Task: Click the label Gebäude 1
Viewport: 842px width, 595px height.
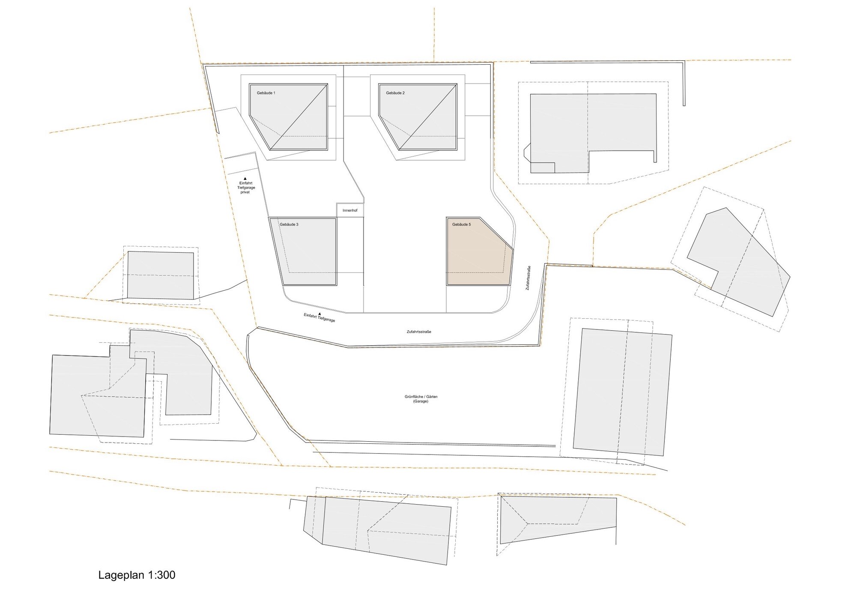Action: click(x=266, y=93)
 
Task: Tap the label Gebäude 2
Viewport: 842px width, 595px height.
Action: click(x=395, y=93)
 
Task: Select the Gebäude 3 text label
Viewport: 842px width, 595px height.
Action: click(x=289, y=224)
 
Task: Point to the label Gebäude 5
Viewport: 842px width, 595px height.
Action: click(x=461, y=224)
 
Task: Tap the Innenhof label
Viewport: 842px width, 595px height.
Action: click(x=350, y=210)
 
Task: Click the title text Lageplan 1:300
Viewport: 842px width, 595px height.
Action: click(x=137, y=575)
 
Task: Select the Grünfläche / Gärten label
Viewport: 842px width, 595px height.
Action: click(x=421, y=397)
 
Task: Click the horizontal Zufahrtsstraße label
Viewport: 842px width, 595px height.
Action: click(x=419, y=332)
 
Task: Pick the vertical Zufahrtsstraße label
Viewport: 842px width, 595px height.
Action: click(x=528, y=278)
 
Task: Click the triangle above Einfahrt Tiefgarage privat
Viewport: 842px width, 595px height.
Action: click(x=245, y=178)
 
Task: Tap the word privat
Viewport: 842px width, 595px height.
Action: click(x=245, y=192)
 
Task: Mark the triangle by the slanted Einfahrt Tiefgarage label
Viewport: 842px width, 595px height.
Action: click(x=319, y=314)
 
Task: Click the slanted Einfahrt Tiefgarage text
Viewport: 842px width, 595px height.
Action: click(x=319, y=318)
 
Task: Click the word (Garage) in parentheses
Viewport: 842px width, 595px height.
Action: click(x=421, y=401)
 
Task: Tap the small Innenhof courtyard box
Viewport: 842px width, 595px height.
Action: click(x=350, y=210)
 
